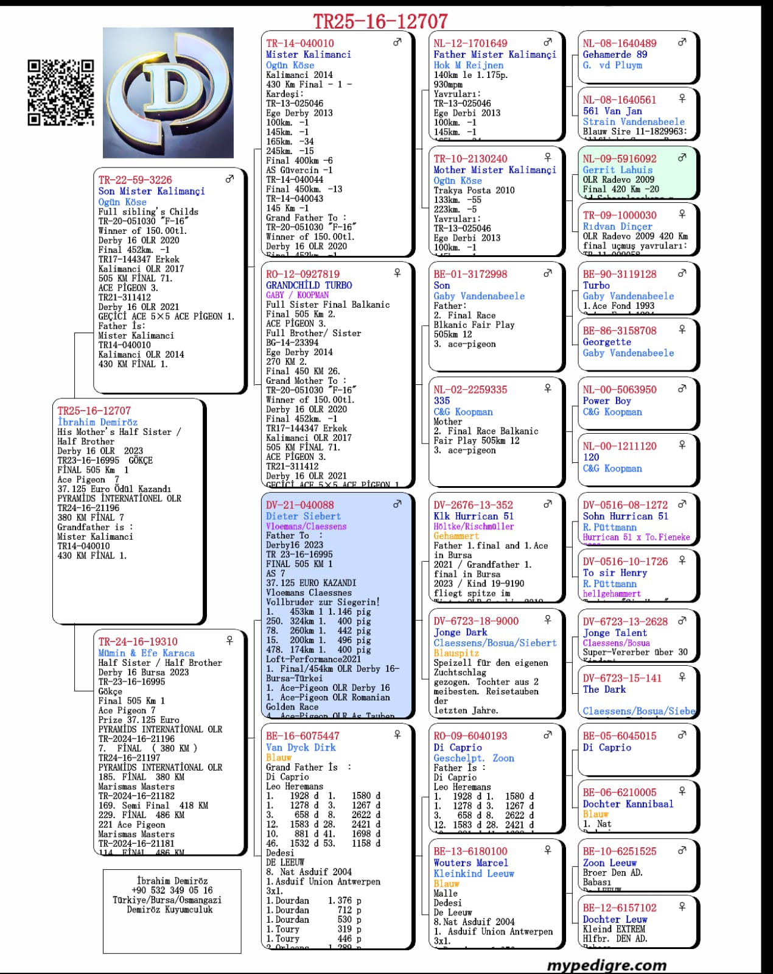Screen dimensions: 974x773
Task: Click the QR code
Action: click(x=61, y=93)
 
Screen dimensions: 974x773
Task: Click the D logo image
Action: click(x=168, y=93)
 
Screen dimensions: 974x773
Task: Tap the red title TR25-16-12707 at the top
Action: click(x=380, y=22)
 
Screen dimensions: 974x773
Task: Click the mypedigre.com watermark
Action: click(x=606, y=965)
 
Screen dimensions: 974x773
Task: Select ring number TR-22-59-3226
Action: click(x=135, y=180)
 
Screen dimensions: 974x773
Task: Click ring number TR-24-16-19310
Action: click(x=138, y=641)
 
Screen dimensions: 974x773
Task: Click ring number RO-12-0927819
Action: click(x=303, y=274)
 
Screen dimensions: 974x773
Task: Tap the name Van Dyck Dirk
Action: click(x=301, y=747)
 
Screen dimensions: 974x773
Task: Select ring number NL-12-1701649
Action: click(x=470, y=43)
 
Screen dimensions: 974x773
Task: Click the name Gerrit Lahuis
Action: click(x=617, y=170)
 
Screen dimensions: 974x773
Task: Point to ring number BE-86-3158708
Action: click(x=620, y=331)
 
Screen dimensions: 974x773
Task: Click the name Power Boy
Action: click(x=607, y=401)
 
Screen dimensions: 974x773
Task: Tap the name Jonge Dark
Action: click(x=460, y=632)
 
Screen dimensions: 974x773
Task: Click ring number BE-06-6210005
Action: click(x=620, y=792)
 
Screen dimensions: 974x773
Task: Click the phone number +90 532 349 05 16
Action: click(x=172, y=890)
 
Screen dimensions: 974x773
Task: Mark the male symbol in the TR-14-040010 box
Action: click(x=397, y=42)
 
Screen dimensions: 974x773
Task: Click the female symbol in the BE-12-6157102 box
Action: click(x=682, y=906)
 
